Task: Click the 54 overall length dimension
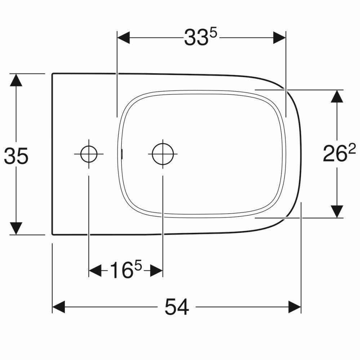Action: (177, 307)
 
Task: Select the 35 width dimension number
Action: (16, 156)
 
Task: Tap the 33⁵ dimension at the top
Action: (200, 37)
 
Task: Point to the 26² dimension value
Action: (339, 153)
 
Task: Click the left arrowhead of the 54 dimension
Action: (58, 307)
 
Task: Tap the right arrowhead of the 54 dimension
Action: (294, 307)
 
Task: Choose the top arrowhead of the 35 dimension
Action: (16, 80)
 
